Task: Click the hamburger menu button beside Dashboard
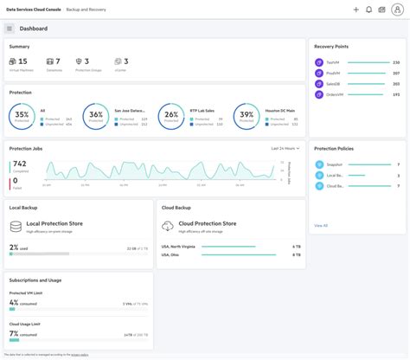pos(10,29)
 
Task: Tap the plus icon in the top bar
pos(356,10)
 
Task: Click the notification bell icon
pos(369,10)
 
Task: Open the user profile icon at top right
pos(396,10)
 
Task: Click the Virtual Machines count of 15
pos(22,61)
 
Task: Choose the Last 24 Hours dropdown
pos(285,148)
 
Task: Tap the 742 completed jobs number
pos(19,164)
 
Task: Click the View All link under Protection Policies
pos(321,225)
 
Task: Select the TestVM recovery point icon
pos(319,62)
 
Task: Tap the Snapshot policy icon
pos(319,164)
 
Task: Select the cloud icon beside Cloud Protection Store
pos(168,226)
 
